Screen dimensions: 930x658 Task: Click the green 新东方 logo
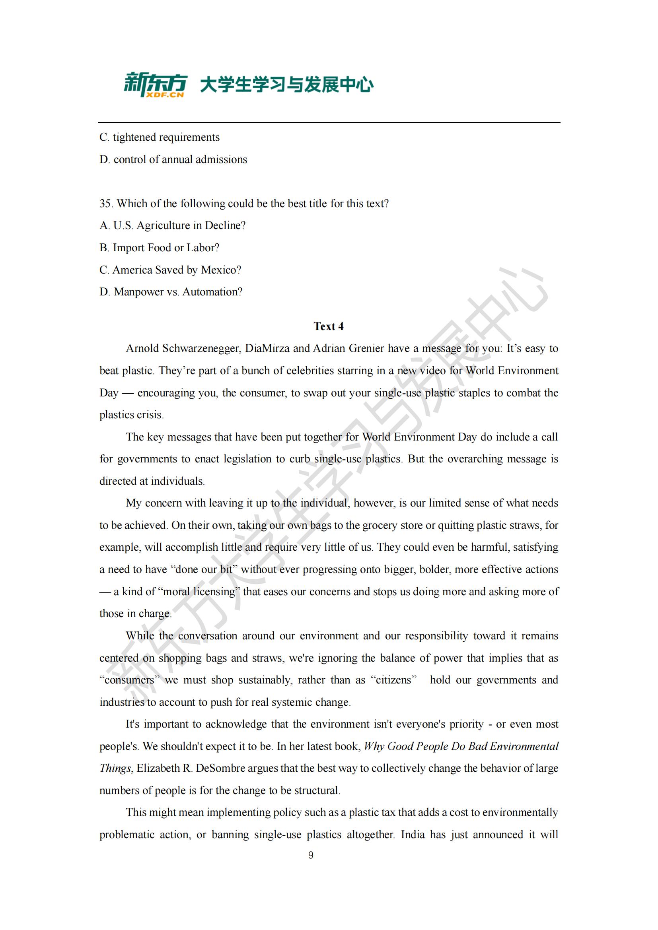pos(155,83)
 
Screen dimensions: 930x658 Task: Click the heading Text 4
pos(329,326)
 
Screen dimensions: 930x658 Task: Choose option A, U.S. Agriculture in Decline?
pos(173,225)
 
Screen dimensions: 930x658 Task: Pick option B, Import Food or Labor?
pos(160,247)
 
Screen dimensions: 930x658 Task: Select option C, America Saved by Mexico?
pos(170,270)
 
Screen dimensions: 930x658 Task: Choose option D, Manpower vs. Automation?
pos(171,291)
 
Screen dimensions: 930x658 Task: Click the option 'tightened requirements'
pos(160,137)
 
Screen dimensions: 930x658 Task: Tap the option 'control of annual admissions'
pos(173,159)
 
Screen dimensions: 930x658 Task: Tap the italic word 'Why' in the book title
pos(373,747)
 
